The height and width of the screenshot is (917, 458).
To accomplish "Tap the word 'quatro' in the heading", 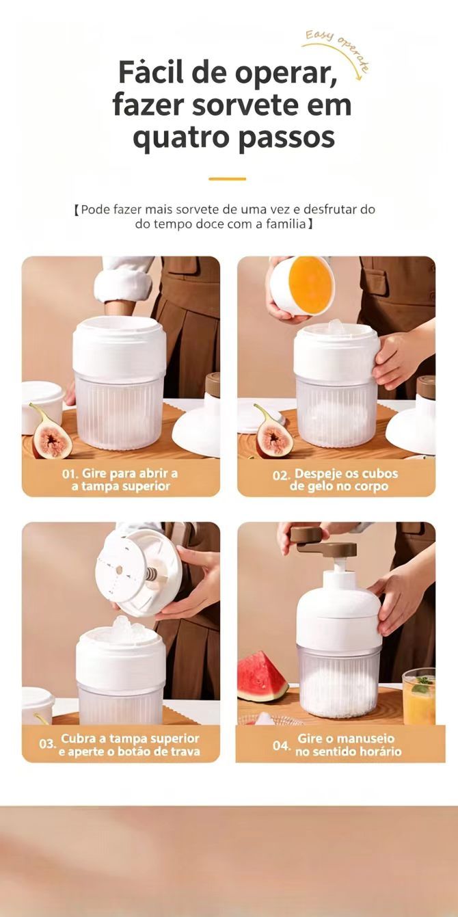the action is (181, 139).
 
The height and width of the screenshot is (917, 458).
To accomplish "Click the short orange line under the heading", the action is (227, 179).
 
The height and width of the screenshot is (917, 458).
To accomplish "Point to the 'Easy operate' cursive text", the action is (338, 51).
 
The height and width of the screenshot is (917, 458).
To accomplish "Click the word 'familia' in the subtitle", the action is (286, 224).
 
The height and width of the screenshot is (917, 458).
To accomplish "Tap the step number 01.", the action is (70, 474).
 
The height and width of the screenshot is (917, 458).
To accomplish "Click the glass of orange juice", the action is (419, 696).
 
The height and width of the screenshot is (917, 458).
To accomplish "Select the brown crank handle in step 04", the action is (323, 542).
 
